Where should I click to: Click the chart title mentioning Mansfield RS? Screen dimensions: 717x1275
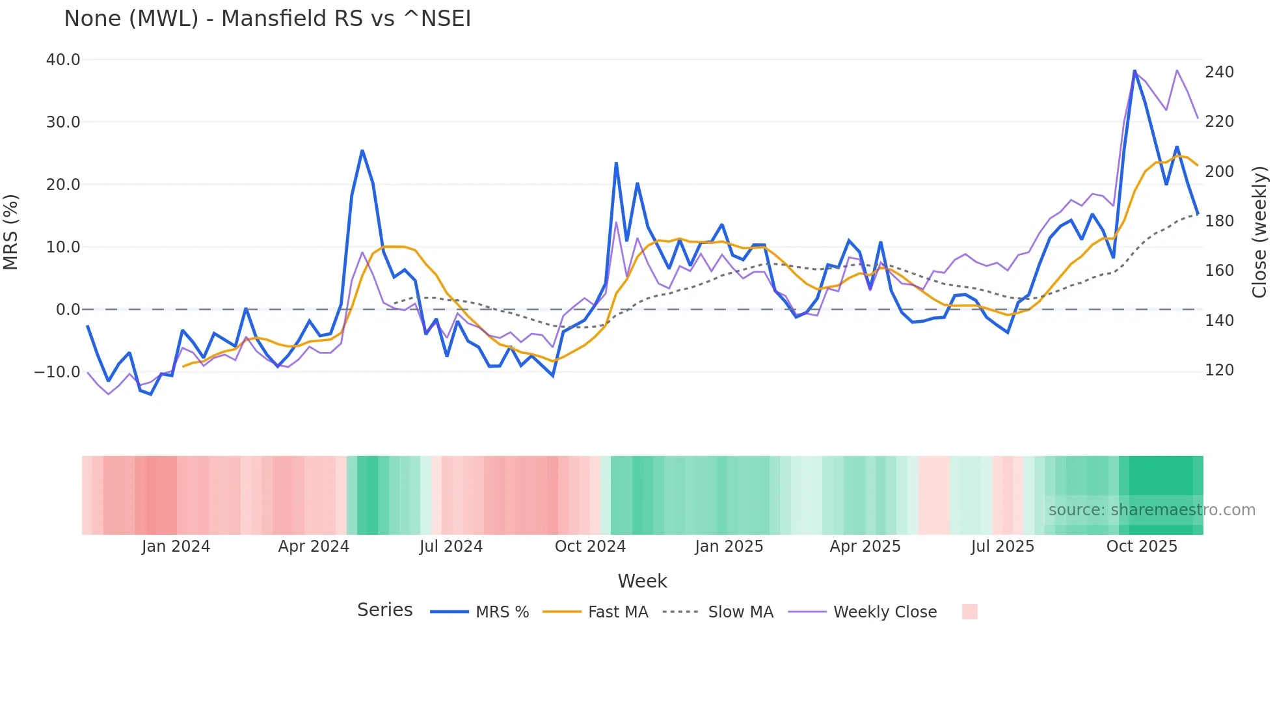coord(267,19)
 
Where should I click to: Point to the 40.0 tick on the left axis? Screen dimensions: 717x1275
coord(63,60)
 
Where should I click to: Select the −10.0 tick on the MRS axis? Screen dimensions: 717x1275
coord(57,372)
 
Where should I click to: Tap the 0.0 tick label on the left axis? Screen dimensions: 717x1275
coord(68,310)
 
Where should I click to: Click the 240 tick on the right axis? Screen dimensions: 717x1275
coord(1219,72)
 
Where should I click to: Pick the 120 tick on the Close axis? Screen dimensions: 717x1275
coord(1219,370)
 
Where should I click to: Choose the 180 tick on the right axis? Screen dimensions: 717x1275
coord(1219,221)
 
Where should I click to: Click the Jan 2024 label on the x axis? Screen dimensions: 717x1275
coord(176,547)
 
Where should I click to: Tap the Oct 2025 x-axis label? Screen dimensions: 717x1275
coord(1142,547)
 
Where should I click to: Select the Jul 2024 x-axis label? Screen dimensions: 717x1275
coord(451,547)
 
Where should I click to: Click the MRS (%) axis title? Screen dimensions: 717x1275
coord(11,232)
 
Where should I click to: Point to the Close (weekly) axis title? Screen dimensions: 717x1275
coord(1260,232)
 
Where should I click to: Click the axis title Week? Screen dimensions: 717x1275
coord(642,581)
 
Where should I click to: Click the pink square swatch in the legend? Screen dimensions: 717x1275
coord(969,612)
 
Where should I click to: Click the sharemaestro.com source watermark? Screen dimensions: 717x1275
coord(1151,510)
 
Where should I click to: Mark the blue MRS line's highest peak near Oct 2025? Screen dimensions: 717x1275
coord(1134,71)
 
